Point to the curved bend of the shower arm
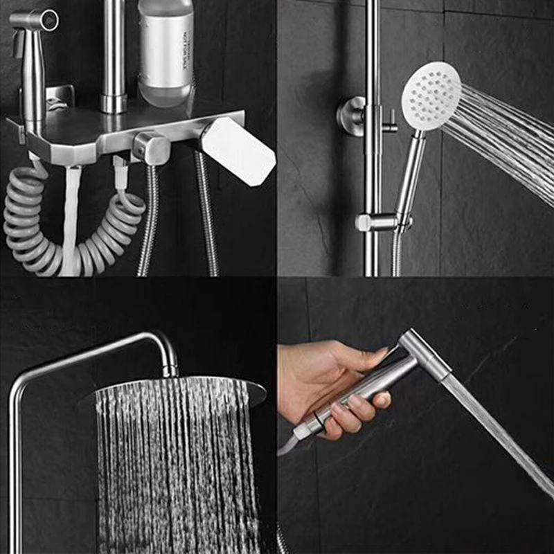[x=163, y=343]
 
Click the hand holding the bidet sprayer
[x=325, y=381]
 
